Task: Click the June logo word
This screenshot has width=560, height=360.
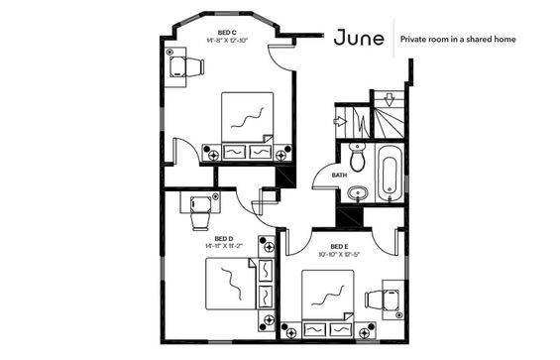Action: [359, 38]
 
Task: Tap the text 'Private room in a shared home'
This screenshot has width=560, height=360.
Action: [458, 39]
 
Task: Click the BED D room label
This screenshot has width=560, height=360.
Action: [224, 238]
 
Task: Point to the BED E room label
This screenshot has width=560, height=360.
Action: [339, 246]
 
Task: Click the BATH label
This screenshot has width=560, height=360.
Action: [339, 176]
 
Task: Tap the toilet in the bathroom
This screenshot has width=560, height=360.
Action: [357, 157]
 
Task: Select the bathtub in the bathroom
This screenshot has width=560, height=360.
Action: [390, 174]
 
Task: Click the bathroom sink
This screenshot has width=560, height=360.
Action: [358, 193]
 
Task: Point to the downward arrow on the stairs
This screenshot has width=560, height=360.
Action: [390, 100]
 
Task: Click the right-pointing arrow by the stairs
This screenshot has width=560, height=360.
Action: [340, 122]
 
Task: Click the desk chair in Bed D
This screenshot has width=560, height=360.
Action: [200, 213]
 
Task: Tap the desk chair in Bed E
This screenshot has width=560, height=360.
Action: [383, 300]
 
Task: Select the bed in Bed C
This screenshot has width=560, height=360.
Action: [248, 126]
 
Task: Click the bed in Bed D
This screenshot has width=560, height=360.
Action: [240, 284]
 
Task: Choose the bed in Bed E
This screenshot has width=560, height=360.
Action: [328, 303]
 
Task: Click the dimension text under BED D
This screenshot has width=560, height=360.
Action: [224, 246]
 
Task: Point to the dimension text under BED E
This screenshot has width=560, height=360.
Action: [339, 255]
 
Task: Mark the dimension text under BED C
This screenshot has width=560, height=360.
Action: [227, 40]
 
